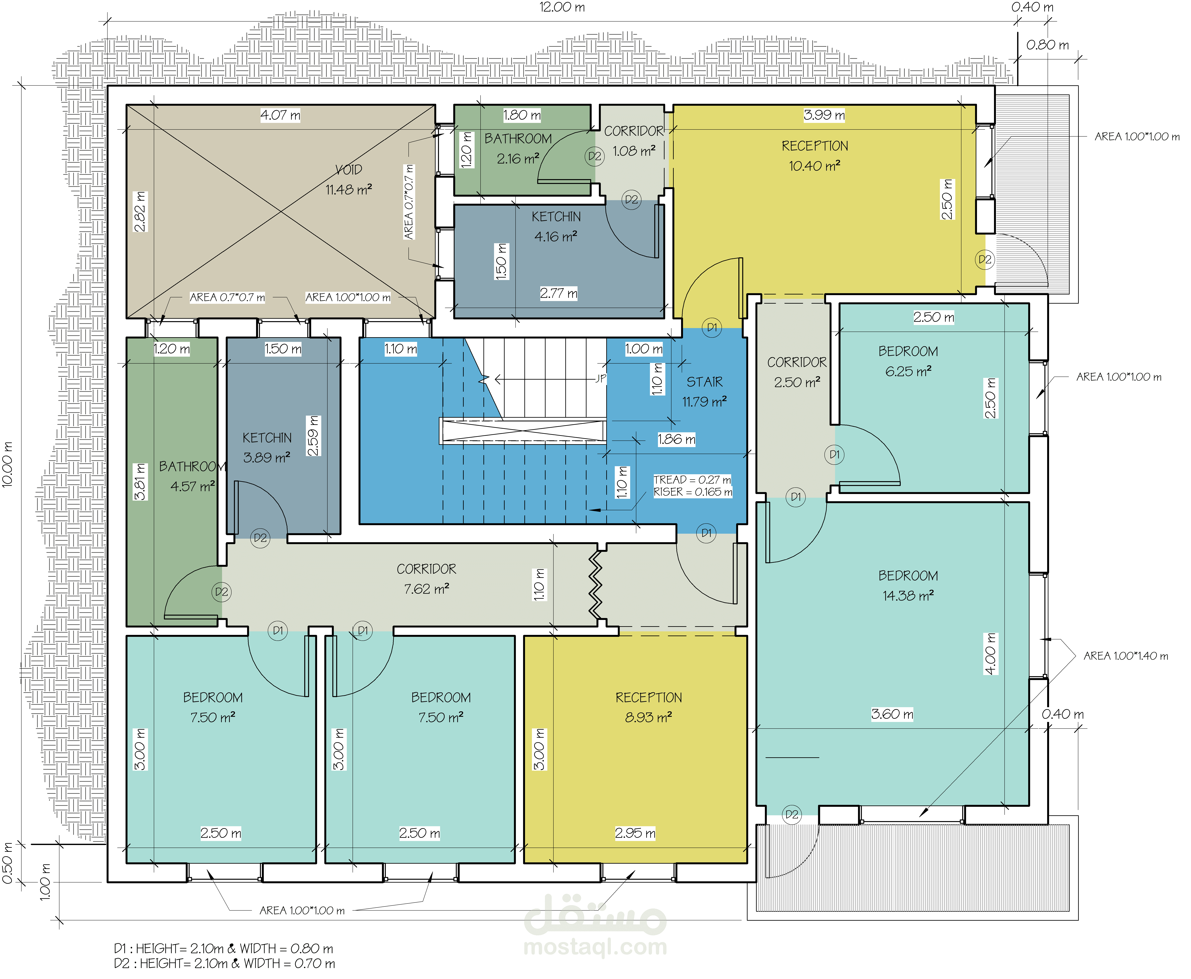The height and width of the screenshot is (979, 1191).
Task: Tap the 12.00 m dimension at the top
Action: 562,7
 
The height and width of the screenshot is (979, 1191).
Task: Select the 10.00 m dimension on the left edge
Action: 7,464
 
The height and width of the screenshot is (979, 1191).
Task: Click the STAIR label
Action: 704,382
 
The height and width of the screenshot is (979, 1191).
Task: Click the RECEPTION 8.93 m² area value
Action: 648,717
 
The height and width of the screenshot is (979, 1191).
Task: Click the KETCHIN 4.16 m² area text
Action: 556,236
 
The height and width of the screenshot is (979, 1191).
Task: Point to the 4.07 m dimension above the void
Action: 280,115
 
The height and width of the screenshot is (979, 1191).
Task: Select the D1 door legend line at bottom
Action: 223,948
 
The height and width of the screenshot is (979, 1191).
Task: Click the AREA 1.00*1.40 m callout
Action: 1126,656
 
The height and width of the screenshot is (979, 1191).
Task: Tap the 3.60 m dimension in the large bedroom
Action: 892,714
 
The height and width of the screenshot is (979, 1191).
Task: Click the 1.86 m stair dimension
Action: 676,439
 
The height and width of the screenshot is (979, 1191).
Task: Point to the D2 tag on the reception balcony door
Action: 985,259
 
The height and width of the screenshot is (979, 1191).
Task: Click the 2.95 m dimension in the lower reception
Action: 635,833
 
